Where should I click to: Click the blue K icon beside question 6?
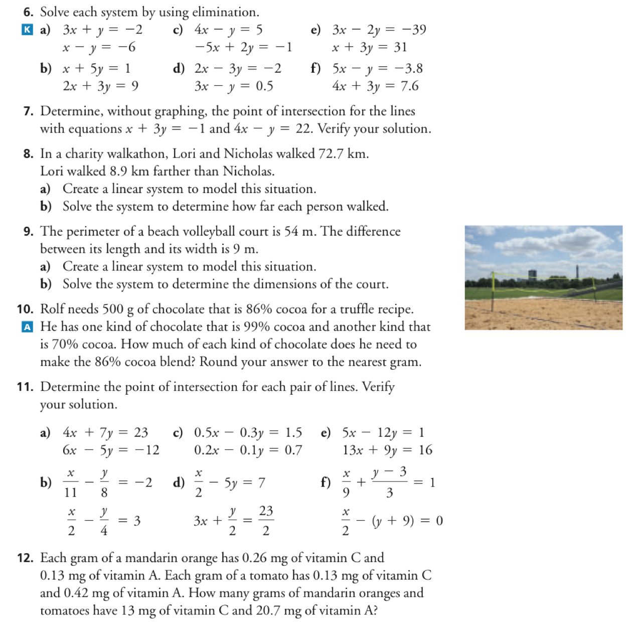[x=27, y=30]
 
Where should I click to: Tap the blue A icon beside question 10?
[x=27, y=327]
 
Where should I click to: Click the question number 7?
[x=28, y=111]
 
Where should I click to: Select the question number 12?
[x=25, y=558]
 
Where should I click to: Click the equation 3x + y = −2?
[x=102, y=30]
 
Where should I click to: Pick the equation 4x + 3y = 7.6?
[x=375, y=86]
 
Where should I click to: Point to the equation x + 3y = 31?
[x=369, y=48]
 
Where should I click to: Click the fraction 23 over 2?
[x=266, y=521]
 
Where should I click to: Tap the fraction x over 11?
[x=71, y=482]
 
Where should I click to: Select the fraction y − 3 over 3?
[x=389, y=482]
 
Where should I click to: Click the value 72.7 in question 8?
[x=331, y=153]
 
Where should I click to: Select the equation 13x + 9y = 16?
[x=387, y=450]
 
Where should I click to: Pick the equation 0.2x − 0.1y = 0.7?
[x=248, y=450]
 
